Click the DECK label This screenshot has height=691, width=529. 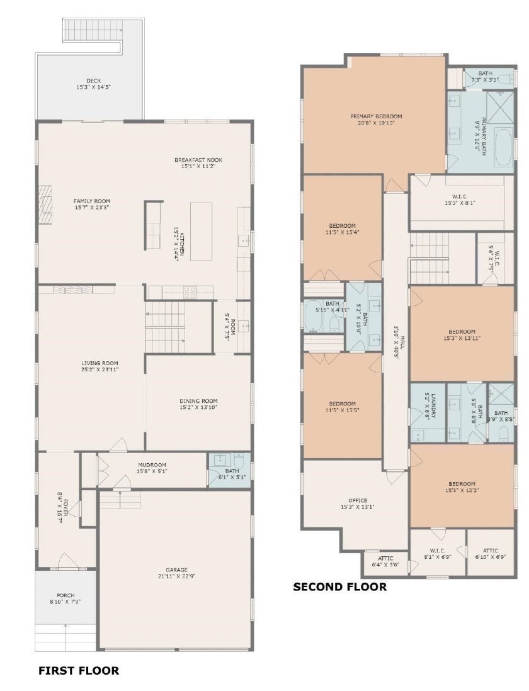click(x=93, y=81)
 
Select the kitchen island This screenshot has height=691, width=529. click(x=201, y=231)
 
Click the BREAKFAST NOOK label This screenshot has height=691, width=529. click(x=198, y=160)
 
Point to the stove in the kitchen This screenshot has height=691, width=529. click(x=189, y=291)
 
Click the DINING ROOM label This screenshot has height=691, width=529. click(x=198, y=401)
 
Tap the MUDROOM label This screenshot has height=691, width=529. click(x=152, y=464)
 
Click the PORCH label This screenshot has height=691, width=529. click(x=65, y=595)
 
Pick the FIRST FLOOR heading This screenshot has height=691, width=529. click(x=79, y=670)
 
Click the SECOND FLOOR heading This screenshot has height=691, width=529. click(x=340, y=587)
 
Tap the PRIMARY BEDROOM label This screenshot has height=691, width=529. click(x=376, y=116)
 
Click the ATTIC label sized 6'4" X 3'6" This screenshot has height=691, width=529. click(x=385, y=558)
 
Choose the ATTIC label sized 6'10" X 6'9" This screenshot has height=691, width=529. click(x=491, y=550)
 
